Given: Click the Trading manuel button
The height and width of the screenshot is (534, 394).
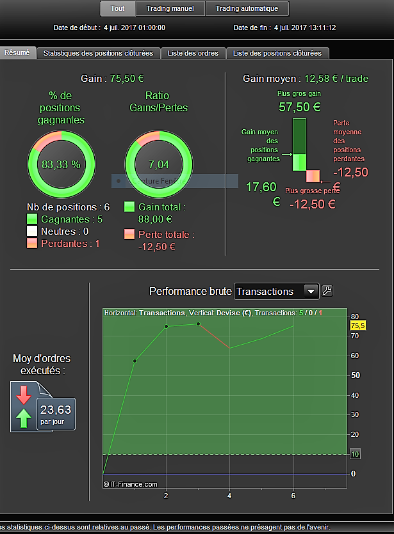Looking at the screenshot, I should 170,8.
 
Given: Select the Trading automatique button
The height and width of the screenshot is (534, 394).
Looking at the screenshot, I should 247,8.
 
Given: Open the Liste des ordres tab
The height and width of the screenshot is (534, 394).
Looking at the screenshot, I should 193,53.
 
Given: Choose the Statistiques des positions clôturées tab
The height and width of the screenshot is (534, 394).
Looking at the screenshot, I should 98,53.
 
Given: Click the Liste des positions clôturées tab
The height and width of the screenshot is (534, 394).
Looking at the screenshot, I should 277,53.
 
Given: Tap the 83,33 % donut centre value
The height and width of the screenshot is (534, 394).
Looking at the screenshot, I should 61,164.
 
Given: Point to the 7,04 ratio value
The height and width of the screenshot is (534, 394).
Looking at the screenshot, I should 158,164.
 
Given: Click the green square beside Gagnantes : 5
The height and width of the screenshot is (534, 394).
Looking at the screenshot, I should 32,219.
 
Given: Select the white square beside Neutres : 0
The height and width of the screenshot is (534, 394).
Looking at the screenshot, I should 32,232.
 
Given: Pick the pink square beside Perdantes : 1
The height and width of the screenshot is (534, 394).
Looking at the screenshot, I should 32,244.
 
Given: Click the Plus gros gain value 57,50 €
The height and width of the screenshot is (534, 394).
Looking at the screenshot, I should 300,107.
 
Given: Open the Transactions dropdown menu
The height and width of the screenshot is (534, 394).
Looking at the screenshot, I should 277,292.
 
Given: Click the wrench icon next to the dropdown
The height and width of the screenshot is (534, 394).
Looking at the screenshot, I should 327,291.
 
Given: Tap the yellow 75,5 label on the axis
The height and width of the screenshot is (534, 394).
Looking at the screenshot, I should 357,326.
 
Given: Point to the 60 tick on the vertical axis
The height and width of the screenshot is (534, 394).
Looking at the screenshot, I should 354,356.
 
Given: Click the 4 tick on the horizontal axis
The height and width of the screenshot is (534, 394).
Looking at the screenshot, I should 229,496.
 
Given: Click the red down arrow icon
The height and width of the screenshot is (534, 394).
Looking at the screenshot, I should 24,395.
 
